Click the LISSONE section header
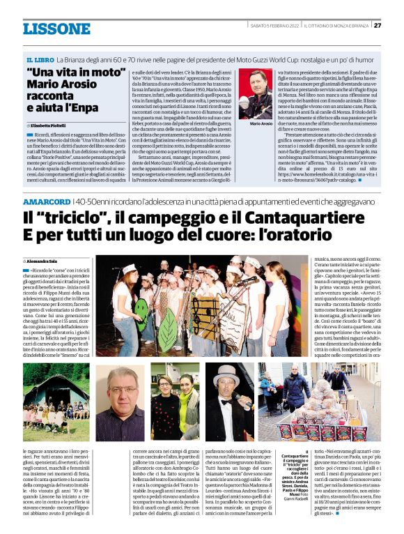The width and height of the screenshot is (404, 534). [x=56, y=29]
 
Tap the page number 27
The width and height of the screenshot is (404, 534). [x=377, y=25]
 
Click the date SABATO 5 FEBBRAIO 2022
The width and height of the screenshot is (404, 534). [x=277, y=25]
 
